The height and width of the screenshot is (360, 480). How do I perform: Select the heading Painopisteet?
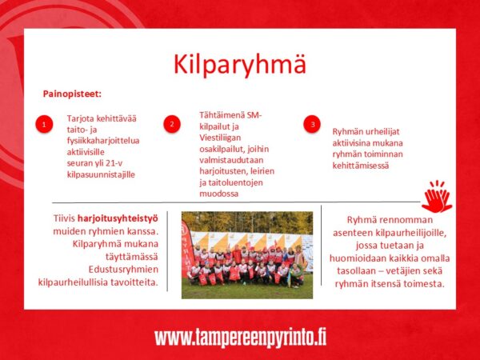(72, 94)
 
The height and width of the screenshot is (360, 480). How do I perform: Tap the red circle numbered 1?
(44, 124)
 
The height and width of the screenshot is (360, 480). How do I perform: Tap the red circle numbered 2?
(172, 124)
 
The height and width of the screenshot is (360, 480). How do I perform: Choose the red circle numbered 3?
(312, 124)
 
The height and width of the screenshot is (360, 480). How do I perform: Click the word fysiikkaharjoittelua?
(103, 141)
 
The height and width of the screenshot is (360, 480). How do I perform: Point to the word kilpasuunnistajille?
(101, 174)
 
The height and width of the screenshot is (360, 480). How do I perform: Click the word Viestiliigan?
(220, 138)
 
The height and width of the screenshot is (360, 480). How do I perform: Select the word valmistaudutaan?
(231, 160)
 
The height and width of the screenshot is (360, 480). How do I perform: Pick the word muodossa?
(219, 194)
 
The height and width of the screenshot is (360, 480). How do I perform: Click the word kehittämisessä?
(361, 166)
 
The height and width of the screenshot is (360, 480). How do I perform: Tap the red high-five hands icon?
(437, 197)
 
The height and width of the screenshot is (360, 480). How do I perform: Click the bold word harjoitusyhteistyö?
(118, 218)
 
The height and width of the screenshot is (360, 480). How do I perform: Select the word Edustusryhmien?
(123, 270)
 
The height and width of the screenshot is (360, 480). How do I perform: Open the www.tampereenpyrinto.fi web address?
(240, 338)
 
